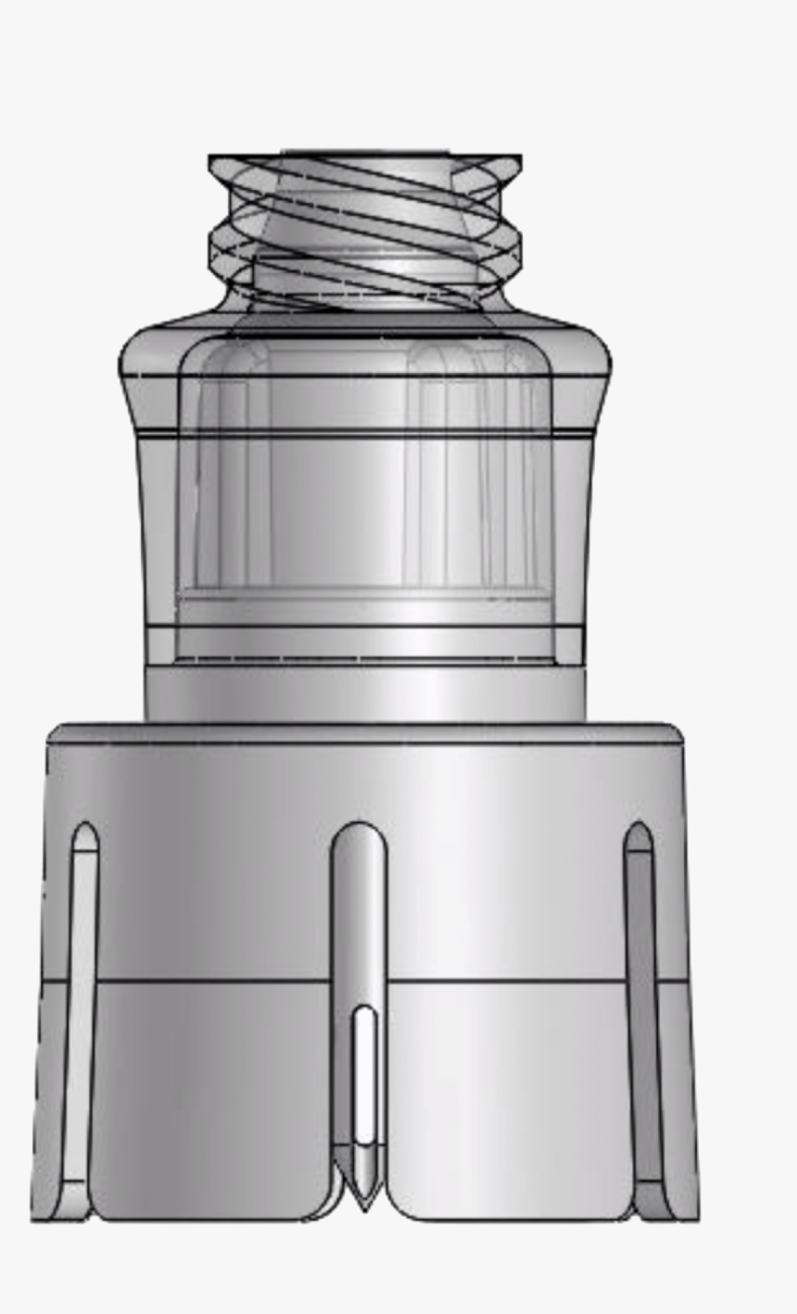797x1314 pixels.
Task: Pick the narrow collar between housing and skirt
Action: click(365, 693)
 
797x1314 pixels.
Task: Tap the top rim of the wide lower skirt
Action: click(365, 733)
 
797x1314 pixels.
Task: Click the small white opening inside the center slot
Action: click(365, 1074)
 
